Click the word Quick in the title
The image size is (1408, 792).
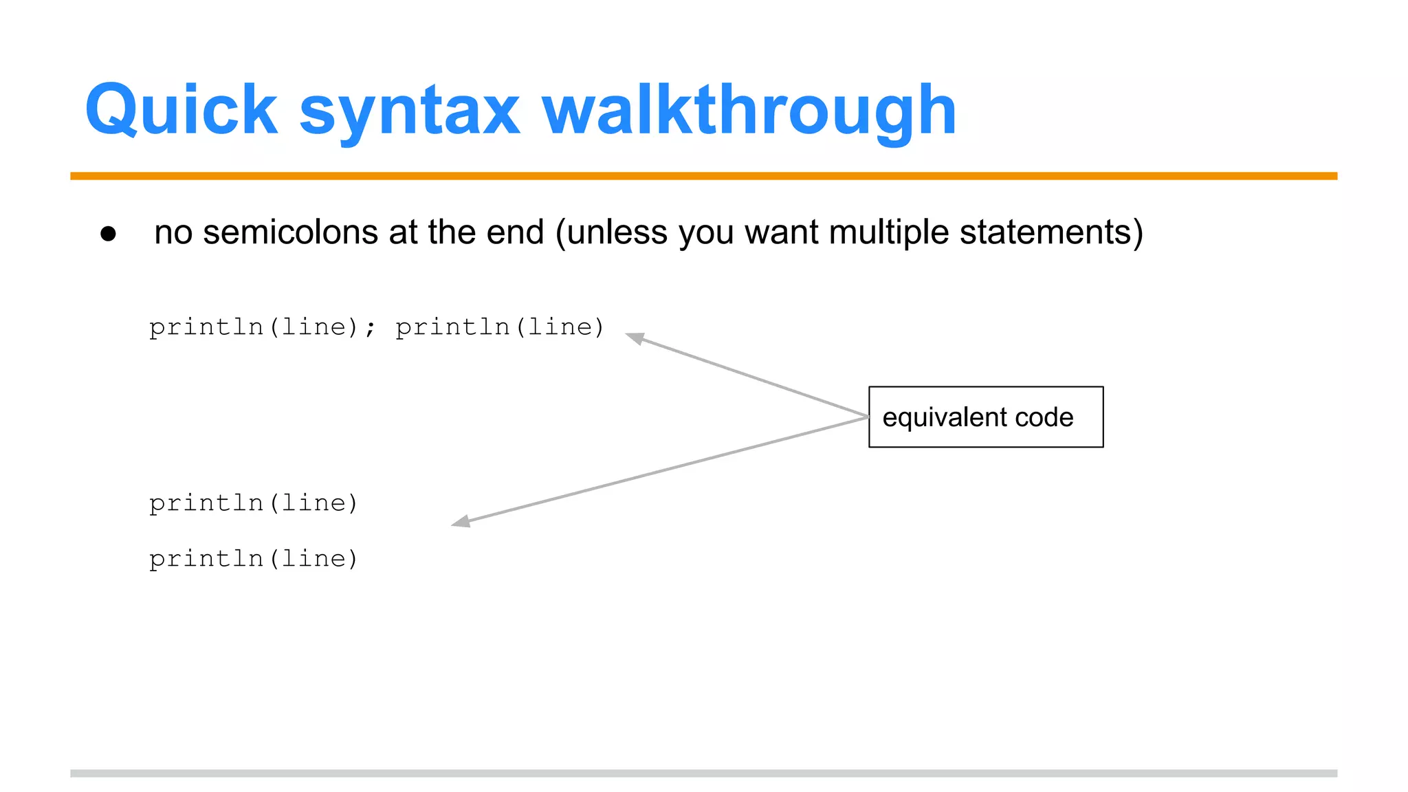(x=181, y=110)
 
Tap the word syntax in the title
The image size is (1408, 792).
(x=410, y=111)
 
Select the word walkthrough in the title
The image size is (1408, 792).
(x=749, y=110)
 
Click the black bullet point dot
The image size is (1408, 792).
(x=108, y=234)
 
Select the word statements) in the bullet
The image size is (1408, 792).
(x=1051, y=232)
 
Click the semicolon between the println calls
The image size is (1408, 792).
(x=371, y=328)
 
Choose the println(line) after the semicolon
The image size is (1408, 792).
(x=500, y=327)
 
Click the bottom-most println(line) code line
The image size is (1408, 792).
(x=254, y=558)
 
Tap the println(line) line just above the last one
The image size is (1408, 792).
(x=254, y=503)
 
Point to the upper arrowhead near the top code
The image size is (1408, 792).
(x=634, y=338)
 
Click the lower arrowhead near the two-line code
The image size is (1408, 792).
(x=461, y=522)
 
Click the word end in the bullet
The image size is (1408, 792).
(x=515, y=232)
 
